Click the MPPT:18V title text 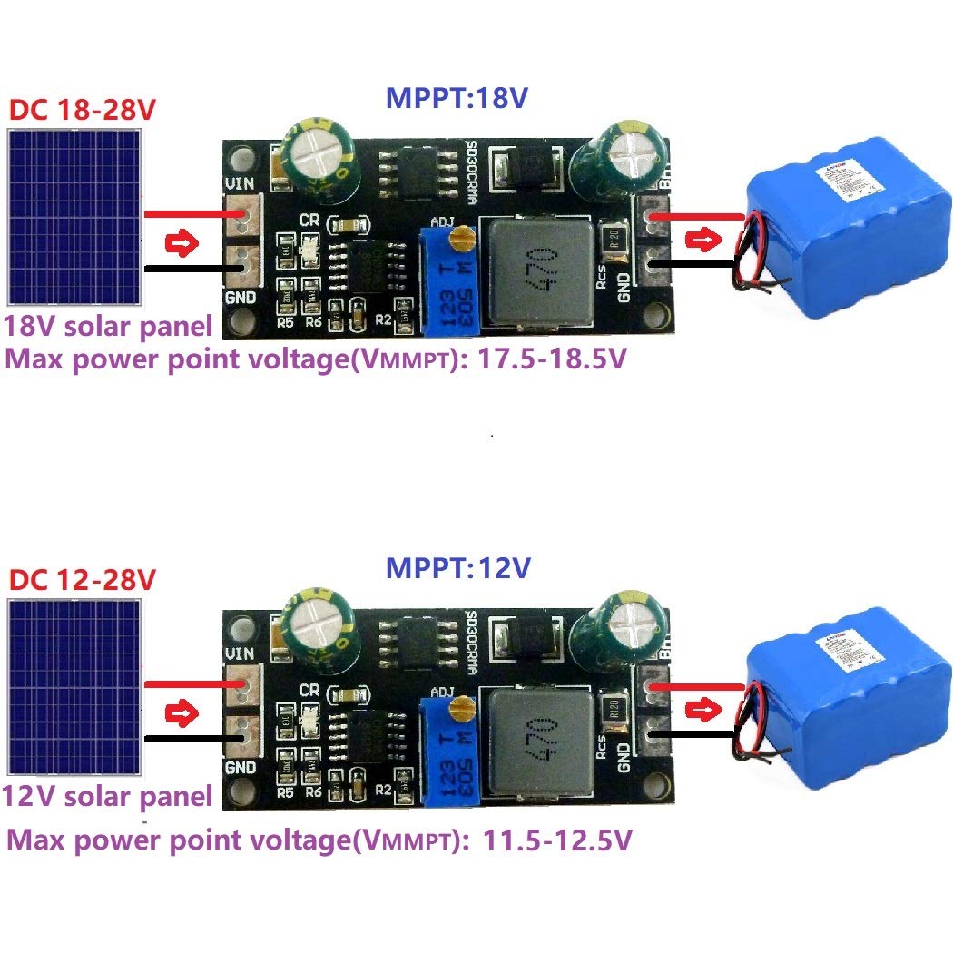click(x=457, y=98)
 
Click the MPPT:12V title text click(x=457, y=568)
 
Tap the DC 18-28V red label click(x=83, y=111)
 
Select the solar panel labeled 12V click(x=74, y=686)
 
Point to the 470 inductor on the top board click(x=537, y=270)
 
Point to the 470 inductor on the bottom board click(x=537, y=740)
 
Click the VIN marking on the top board click(x=241, y=183)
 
